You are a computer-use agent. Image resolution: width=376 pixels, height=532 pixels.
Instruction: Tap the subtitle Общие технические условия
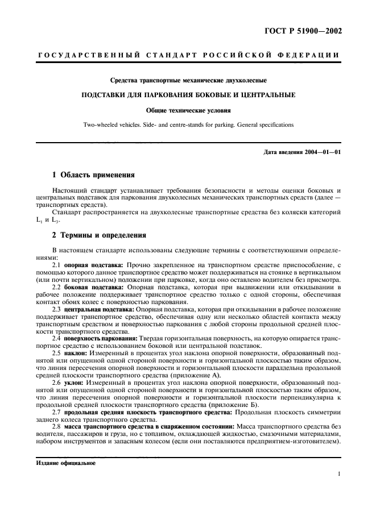[188, 111]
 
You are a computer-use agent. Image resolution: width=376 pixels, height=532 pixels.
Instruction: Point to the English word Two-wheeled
[101, 123]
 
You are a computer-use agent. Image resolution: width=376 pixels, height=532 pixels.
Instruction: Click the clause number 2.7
[57, 412]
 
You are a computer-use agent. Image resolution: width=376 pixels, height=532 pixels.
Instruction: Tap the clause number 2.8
[57, 426]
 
